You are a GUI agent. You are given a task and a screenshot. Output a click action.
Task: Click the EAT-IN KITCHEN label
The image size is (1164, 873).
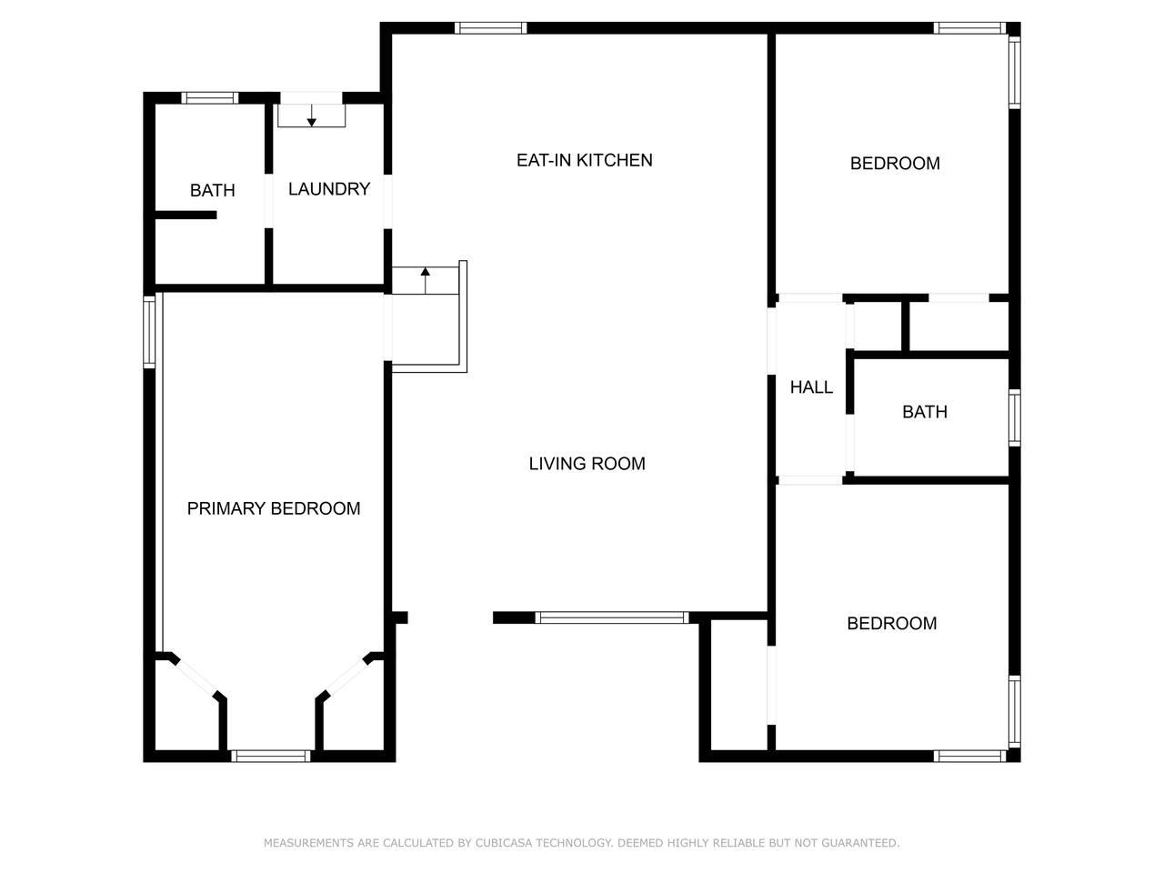[x=585, y=160]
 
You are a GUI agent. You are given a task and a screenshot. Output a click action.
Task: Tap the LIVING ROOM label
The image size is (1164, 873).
[x=587, y=464]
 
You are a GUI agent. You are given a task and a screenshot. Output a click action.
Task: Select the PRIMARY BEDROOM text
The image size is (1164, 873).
[x=274, y=508]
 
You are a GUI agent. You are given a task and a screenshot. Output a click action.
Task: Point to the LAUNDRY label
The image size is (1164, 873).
[x=329, y=189]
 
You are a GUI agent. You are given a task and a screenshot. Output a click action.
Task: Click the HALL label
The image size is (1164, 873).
[x=811, y=387]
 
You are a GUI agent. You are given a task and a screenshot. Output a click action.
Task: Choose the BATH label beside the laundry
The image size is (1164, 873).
[x=212, y=190]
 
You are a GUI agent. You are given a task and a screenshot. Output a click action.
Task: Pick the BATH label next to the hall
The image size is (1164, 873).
[x=925, y=412]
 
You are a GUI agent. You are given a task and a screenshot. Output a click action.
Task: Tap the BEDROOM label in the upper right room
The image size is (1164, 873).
[x=895, y=164]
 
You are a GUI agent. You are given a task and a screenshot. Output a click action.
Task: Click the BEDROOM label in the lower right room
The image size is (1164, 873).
[x=892, y=623]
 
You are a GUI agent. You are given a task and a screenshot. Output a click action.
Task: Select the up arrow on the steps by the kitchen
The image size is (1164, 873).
[x=426, y=280]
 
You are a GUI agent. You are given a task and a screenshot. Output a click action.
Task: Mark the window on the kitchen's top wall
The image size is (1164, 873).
[x=490, y=28]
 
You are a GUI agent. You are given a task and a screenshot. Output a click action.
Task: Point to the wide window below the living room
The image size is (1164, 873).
[x=611, y=617]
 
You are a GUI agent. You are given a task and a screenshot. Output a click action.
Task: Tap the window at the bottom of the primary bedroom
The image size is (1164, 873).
[x=270, y=757]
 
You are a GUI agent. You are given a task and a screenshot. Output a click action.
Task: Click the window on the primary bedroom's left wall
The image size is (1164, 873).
[x=149, y=332]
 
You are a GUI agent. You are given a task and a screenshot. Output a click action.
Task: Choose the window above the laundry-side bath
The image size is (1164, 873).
[x=210, y=98]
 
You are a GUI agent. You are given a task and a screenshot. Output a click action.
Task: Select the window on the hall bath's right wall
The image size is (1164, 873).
[x=1015, y=417]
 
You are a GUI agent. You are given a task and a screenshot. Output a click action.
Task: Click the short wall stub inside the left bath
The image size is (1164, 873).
[x=186, y=215]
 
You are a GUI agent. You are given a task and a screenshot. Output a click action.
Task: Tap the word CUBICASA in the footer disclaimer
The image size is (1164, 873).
[x=503, y=842]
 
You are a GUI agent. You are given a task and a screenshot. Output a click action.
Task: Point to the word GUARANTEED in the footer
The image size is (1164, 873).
[x=860, y=842]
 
